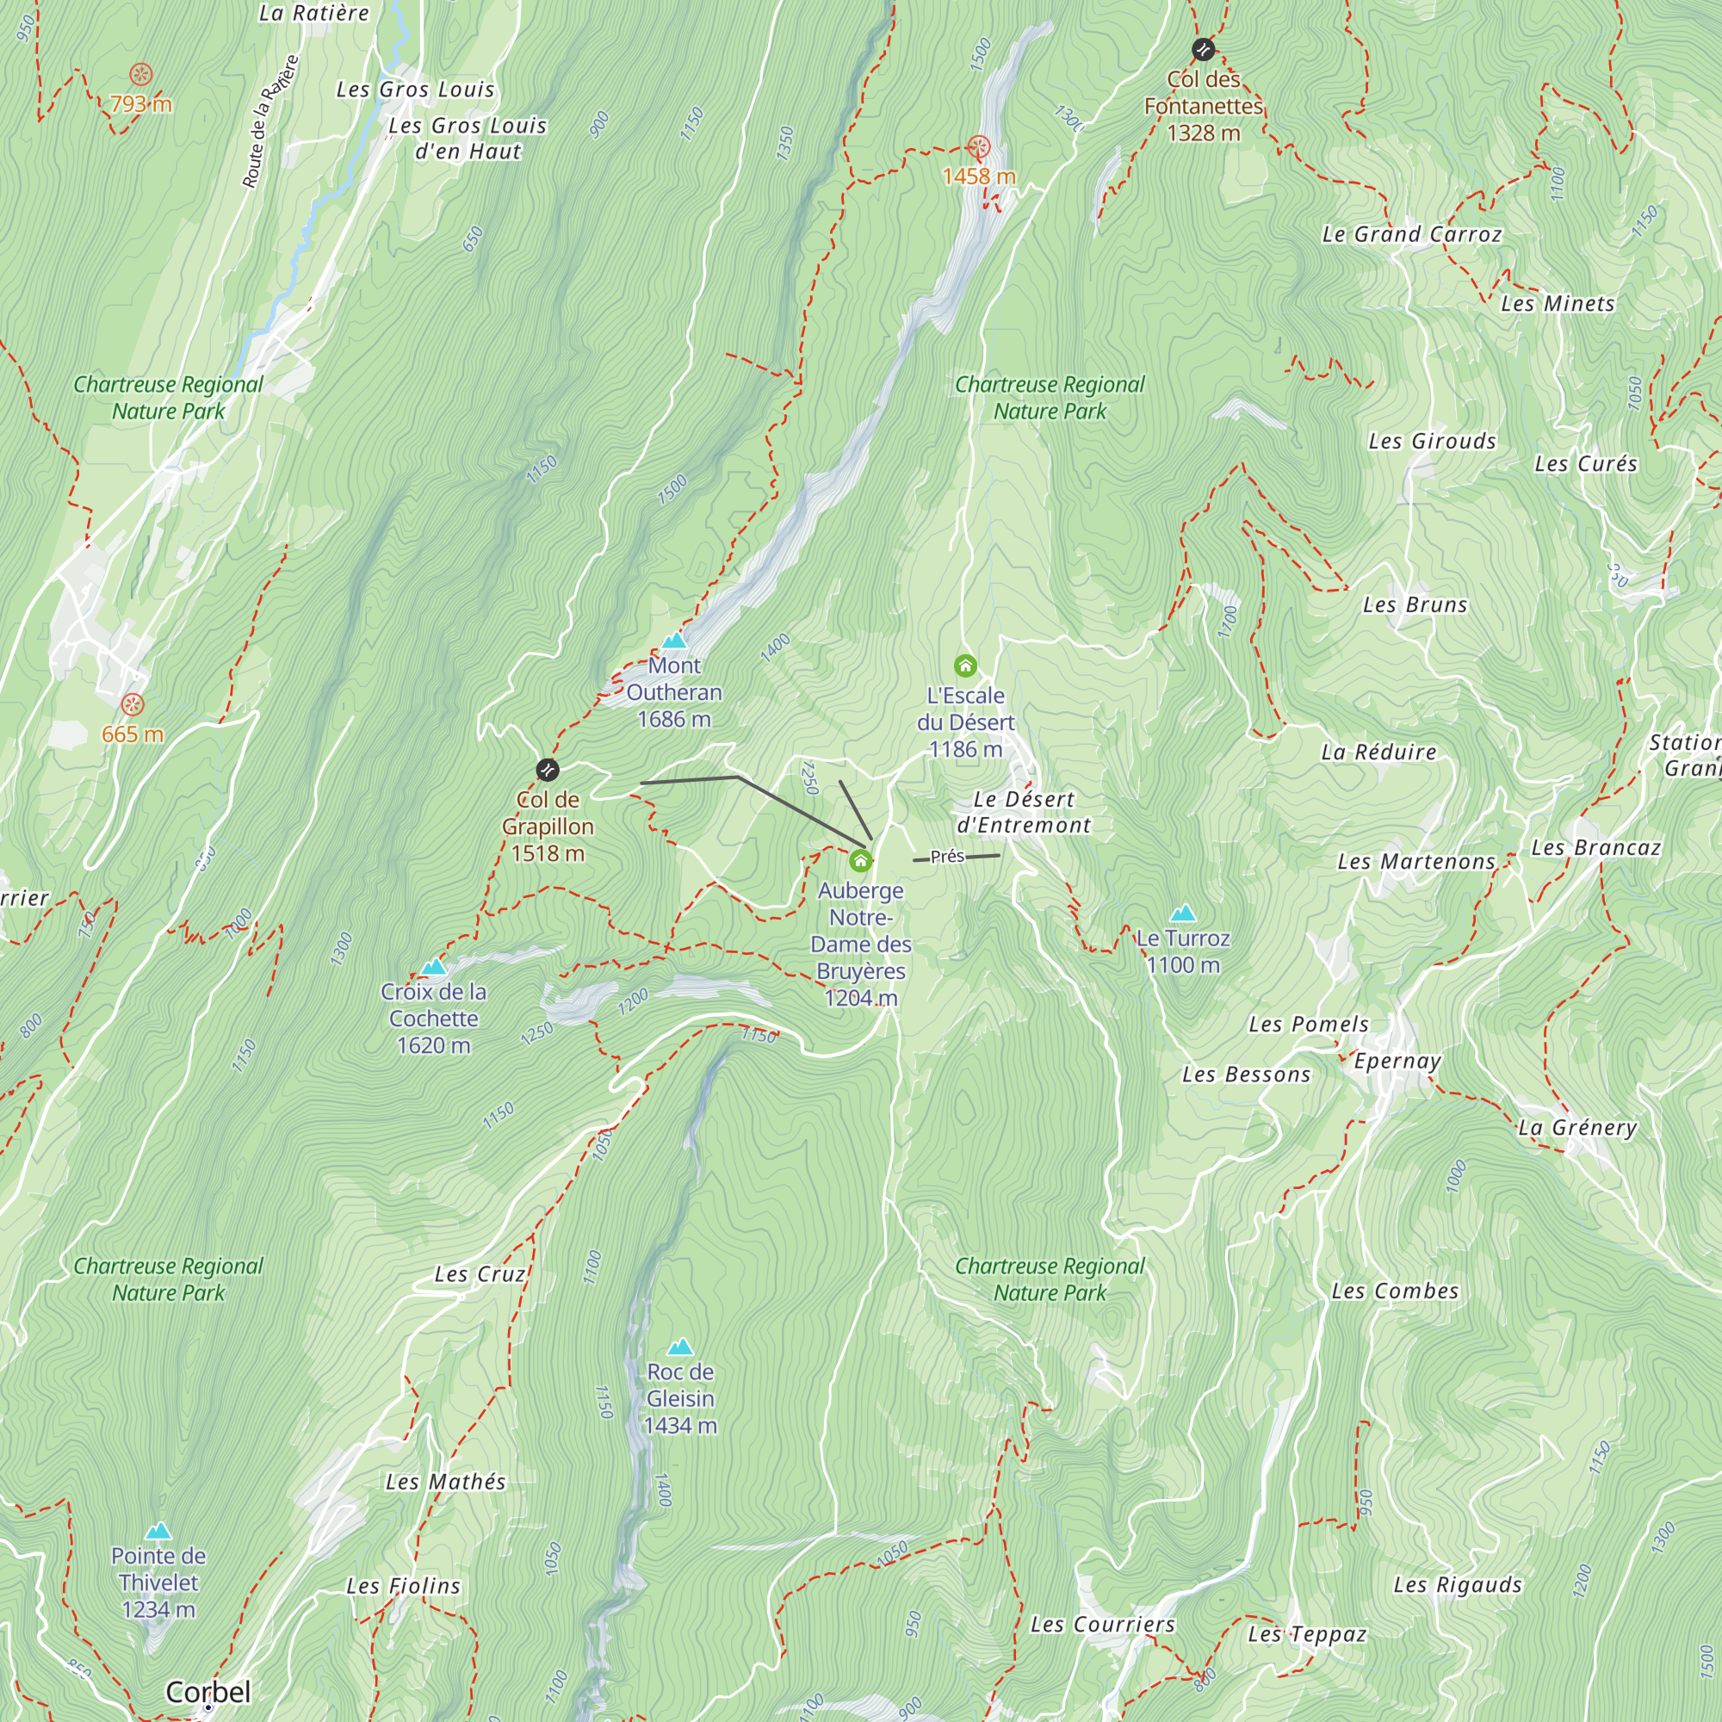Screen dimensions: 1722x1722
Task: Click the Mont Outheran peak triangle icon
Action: coord(674,640)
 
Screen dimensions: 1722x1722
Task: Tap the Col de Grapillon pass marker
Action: coord(548,769)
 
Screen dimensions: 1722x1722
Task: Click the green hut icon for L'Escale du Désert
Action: coord(965,666)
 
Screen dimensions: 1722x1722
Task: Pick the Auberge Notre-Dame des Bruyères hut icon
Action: coord(860,860)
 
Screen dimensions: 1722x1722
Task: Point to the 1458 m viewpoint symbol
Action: coord(979,147)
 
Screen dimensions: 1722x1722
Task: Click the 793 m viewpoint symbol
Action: coord(141,75)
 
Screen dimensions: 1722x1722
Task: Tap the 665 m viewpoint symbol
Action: coord(132,705)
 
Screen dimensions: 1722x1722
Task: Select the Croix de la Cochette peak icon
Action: coord(433,966)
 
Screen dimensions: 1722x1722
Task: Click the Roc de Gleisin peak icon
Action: coord(680,1346)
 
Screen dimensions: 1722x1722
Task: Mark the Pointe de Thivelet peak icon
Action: coord(158,1531)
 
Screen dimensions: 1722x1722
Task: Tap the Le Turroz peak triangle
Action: coord(1182,913)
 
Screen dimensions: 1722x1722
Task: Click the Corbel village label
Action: coord(208,1691)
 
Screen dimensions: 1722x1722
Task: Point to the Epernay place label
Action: coord(1397,1061)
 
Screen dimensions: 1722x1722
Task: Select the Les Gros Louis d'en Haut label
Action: coord(467,138)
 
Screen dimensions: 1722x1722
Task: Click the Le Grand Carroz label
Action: coord(1412,234)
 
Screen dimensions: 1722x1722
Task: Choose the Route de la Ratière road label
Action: coord(269,122)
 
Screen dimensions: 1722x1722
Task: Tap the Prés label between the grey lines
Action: coord(946,857)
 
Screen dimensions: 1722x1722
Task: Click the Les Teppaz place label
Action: coord(1307,1634)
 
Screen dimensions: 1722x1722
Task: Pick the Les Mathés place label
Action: coord(446,1481)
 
